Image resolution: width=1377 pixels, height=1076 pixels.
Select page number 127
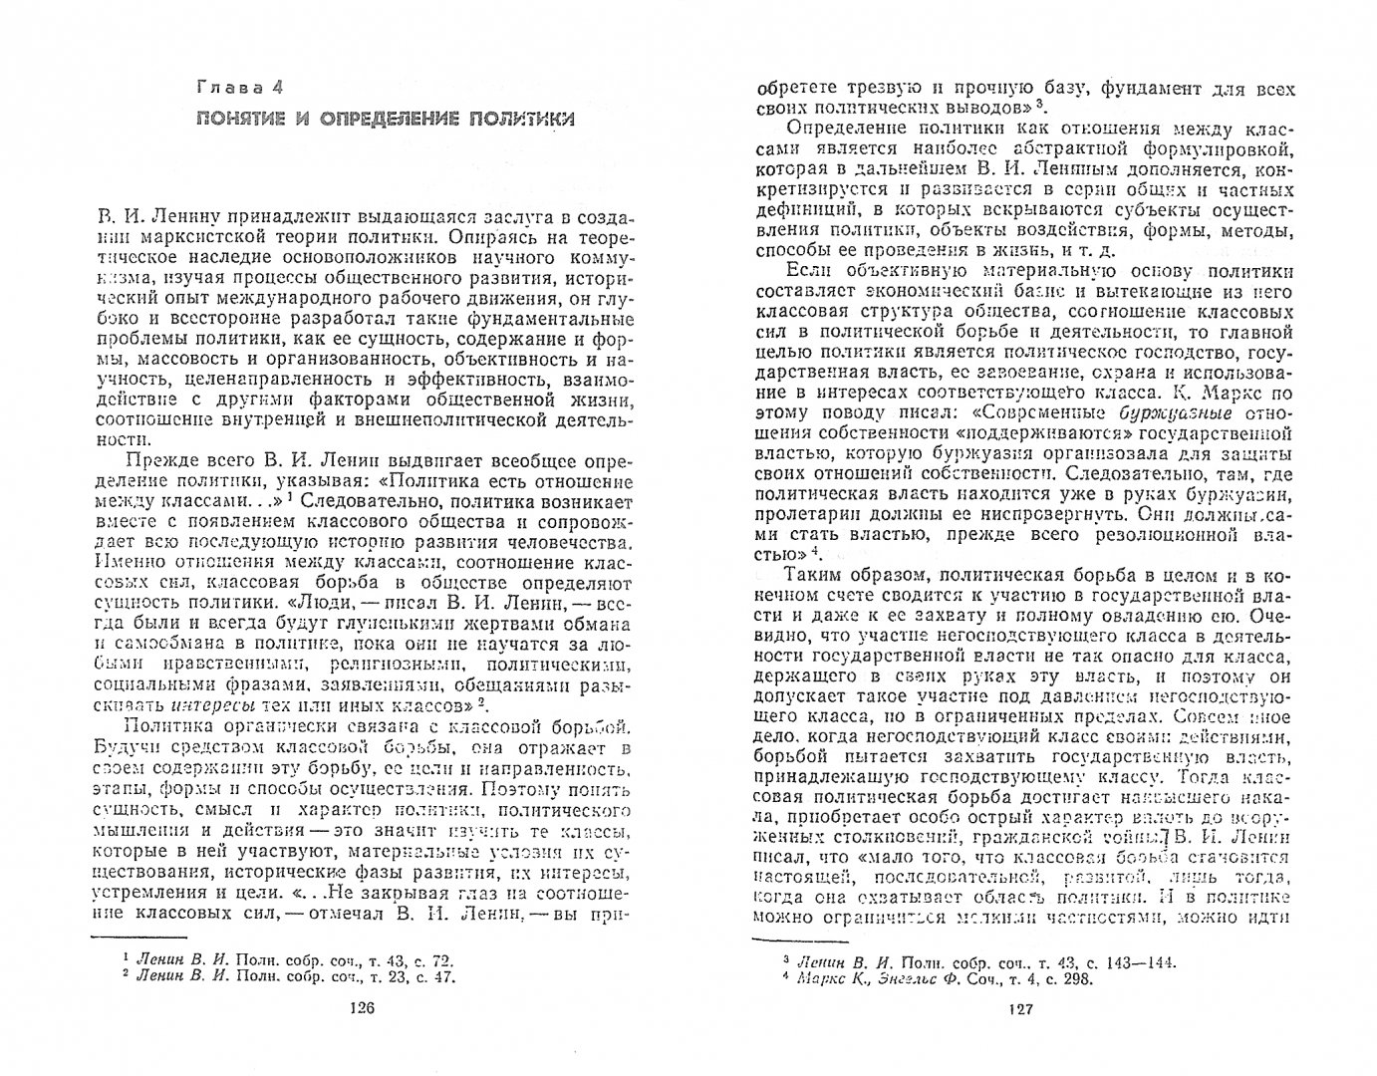point(1023,1007)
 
